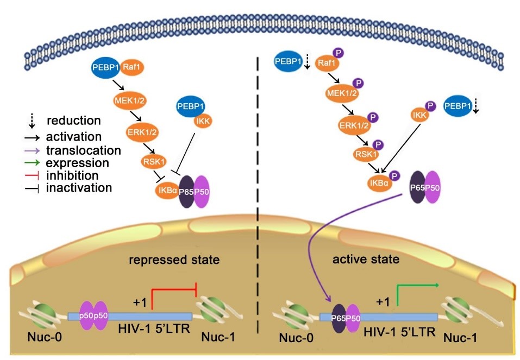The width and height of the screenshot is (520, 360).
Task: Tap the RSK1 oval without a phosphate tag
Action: [155, 161]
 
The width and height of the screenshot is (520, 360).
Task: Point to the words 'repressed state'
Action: [174, 260]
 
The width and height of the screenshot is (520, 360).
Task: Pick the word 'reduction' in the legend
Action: [74, 121]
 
